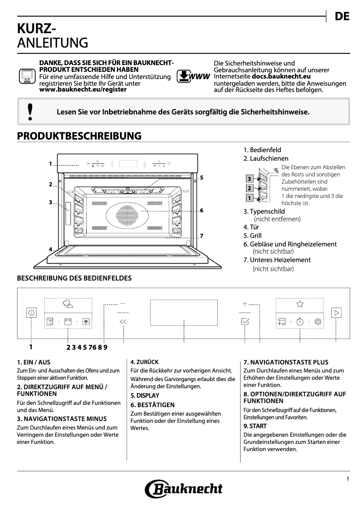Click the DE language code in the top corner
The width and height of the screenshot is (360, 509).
pos(342,17)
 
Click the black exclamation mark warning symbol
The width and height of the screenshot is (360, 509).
pos(30,112)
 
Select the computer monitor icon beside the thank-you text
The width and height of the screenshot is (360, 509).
pos(26,77)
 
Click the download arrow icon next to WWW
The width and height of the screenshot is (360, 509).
pos(184,77)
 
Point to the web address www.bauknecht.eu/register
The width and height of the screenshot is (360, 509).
pos(83,89)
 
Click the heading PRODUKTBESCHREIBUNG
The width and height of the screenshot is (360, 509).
pos(79,136)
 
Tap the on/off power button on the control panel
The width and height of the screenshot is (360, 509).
pos(31,312)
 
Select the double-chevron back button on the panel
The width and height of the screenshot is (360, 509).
pos(123,321)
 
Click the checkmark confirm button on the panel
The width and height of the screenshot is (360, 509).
pos(245,321)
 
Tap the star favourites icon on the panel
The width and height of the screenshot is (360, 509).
pos(299,304)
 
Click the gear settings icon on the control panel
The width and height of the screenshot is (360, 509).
pos(318,321)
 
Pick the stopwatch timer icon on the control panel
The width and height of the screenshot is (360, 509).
pos(299,321)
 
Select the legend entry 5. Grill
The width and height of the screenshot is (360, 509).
pos(252,236)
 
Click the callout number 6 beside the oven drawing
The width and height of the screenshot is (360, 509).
pos(202,210)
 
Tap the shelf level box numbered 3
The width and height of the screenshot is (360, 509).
pos(249,179)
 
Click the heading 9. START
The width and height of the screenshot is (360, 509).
pos(255,426)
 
